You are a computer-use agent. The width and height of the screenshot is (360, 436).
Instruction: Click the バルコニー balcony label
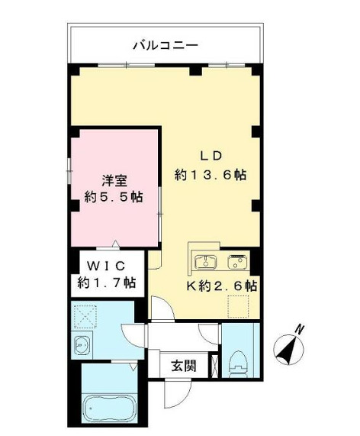coord(166,46)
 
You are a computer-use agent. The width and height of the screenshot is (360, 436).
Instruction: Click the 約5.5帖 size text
coord(114,198)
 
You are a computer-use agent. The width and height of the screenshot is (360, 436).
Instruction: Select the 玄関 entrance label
coord(183,366)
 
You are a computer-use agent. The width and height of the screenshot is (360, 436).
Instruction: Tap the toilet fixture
coord(239,362)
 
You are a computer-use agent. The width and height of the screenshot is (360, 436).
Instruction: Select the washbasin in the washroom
coord(83,345)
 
